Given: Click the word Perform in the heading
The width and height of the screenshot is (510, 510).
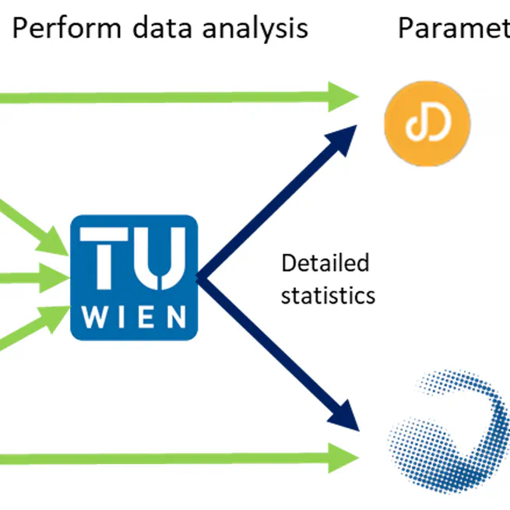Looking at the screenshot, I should point(66,29).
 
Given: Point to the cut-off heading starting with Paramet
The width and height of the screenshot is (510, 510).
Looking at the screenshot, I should point(452,29).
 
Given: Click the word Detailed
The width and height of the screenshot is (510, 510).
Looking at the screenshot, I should point(325,264).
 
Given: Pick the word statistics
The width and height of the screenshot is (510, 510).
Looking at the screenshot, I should point(328,296).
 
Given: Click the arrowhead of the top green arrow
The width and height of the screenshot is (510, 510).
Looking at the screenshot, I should point(343,97).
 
